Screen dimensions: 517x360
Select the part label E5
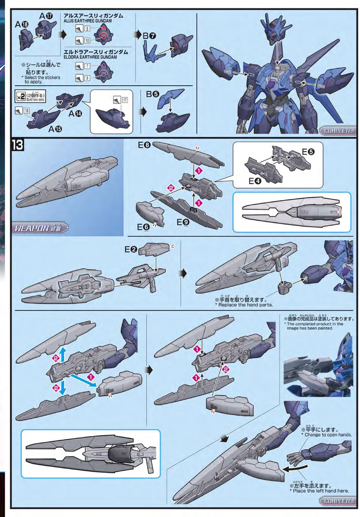[x=308, y=152]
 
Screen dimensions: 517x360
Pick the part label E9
[x=183, y=222]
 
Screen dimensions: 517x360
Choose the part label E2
[x=131, y=249]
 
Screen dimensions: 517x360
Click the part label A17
[x=46, y=16]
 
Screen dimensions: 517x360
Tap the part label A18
[x=21, y=24]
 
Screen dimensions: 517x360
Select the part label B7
[x=149, y=36]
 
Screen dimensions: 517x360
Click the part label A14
[x=75, y=113]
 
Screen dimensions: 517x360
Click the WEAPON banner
[x=40, y=228]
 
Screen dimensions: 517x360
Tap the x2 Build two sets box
[x=31, y=97]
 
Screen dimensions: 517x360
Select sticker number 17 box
[x=124, y=100]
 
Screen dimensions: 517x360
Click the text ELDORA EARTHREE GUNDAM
[x=90, y=57]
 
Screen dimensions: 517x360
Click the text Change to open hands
[x=328, y=435]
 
